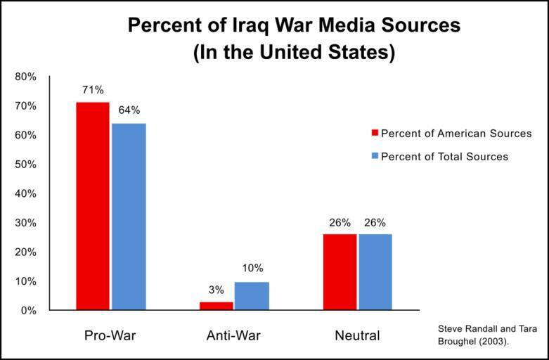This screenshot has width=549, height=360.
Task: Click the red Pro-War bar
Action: click(93, 206)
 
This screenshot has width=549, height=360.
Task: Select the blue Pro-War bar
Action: click(129, 217)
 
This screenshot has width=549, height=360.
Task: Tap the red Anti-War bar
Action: click(217, 306)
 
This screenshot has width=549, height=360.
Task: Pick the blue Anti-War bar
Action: click(252, 296)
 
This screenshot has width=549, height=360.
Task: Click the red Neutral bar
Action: click(340, 272)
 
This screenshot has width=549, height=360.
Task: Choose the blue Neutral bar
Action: click(375, 272)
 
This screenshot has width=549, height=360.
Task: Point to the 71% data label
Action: click(93, 90)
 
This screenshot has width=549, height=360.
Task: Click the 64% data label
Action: click(129, 110)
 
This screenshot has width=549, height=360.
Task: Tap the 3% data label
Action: click(217, 290)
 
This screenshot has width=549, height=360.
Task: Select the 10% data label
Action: click(252, 268)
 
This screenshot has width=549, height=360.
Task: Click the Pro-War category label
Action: click(110, 335)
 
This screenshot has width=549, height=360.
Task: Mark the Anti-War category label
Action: click(233, 335)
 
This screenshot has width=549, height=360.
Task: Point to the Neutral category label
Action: click(356, 335)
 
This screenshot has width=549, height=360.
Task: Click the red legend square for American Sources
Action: click(375, 134)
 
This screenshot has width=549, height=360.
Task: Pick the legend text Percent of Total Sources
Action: click(444, 157)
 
